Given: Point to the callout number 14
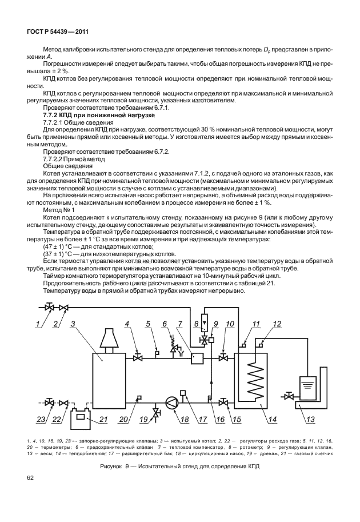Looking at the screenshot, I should tap(273, 421).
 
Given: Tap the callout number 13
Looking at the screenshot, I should tap(310, 421).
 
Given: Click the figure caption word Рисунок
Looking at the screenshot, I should tap(112, 467).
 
